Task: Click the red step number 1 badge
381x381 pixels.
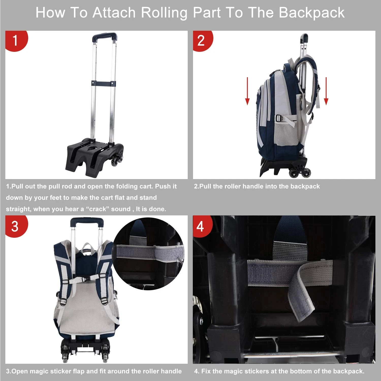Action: [x=15, y=41]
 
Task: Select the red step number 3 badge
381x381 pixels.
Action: [x=15, y=226]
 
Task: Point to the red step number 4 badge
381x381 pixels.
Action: [x=201, y=226]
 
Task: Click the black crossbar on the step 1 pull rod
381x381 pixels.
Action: [x=104, y=83]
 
